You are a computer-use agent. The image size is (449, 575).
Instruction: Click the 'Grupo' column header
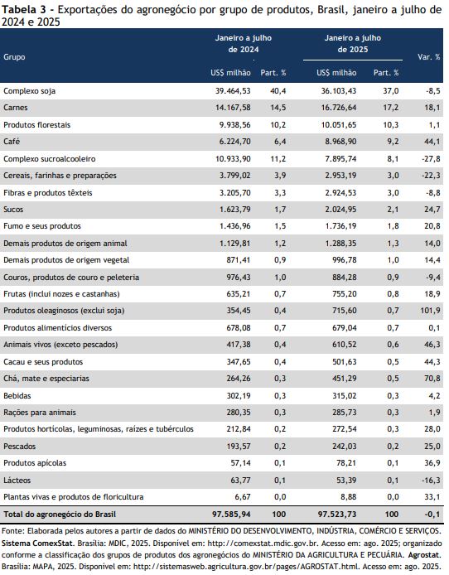[14, 57]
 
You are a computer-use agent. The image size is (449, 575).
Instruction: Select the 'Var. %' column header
[429, 57]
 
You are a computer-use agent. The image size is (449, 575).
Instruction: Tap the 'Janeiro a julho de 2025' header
[353, 44]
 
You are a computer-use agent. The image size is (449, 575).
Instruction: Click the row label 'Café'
[12, 141]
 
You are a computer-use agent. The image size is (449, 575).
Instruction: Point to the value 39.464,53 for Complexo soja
[233, 90]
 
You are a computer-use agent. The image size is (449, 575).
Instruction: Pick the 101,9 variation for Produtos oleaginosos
[430, 311]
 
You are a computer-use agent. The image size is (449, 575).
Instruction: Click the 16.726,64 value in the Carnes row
[339, 108]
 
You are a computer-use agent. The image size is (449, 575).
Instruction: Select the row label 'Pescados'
[19, 447]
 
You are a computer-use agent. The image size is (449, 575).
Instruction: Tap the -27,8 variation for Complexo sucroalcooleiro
[432, 159]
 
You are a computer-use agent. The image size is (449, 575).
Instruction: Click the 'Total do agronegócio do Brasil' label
[60, 515]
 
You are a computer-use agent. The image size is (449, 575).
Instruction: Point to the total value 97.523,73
[337, 515]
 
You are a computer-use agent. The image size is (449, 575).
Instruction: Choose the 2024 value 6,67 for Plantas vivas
[243, 497]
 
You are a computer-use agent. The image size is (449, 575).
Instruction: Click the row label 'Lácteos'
[17, 480]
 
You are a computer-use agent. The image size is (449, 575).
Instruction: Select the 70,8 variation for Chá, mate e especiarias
[432, 378]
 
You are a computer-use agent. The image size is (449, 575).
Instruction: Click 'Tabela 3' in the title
[24, 10]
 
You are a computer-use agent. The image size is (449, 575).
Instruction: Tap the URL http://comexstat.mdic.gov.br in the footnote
[259, 543]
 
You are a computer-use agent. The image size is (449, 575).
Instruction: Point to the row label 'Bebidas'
[17, 396]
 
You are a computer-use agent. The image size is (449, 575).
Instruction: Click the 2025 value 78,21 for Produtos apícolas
[346, 463]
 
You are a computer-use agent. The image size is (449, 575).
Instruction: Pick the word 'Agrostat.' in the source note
[425, 555]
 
